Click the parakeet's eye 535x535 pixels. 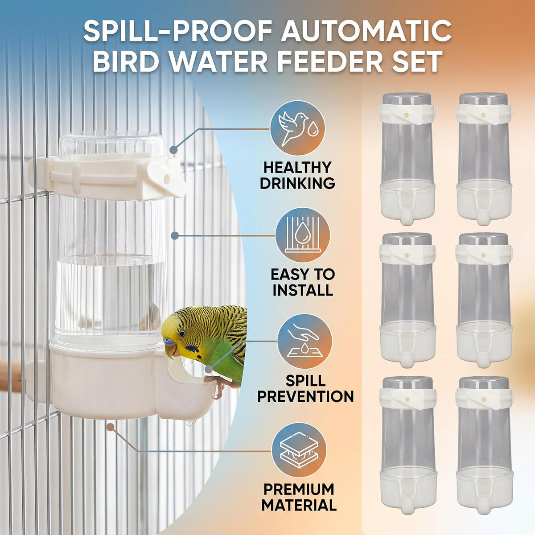click(182, 333)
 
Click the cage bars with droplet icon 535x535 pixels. click(303, 235)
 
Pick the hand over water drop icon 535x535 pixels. click(305, 342)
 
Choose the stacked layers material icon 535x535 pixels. click(299, 451)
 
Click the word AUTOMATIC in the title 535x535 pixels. click(366, 33)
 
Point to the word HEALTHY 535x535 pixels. click(297, 168)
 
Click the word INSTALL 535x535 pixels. click(303, 290)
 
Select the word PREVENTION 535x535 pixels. click(305, 396)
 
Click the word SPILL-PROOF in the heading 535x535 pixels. click(178, 33)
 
